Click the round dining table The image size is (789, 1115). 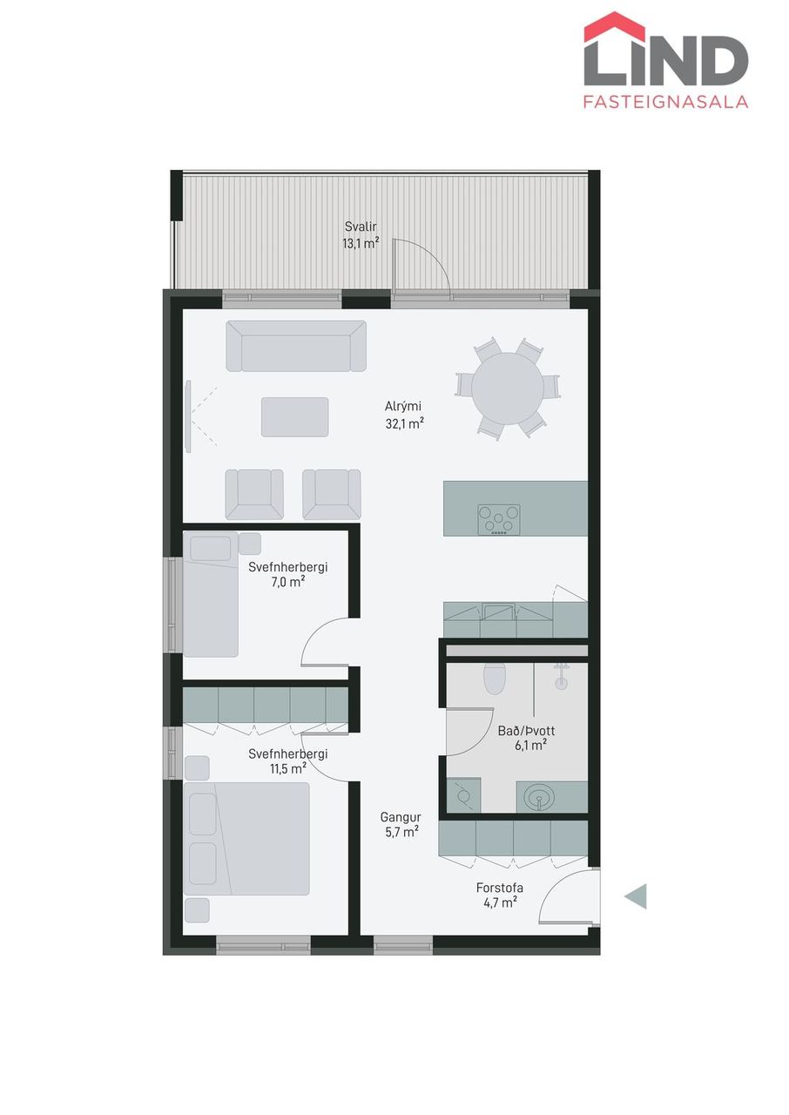point(508,389)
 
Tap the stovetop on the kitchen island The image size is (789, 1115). point(498,520)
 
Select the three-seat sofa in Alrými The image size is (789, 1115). point(296,346)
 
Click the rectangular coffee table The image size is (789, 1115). point(295,417)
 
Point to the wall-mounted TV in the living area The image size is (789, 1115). point(188,416)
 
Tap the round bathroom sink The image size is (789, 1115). point(538,801)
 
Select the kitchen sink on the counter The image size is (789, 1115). point(498,612)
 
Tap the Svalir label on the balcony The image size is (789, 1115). point(361,227)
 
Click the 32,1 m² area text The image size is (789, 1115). point(404,423)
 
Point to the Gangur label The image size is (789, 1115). point(401,817)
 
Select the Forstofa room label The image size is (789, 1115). point(500,888)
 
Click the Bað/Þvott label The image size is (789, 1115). point(526,731)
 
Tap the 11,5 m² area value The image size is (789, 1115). point(288,768)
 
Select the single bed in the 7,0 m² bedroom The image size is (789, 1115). point(211,594)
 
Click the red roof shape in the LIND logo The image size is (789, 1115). point(614,25)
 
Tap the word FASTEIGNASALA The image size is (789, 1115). point(665,102)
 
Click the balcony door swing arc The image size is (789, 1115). point(428,259)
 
